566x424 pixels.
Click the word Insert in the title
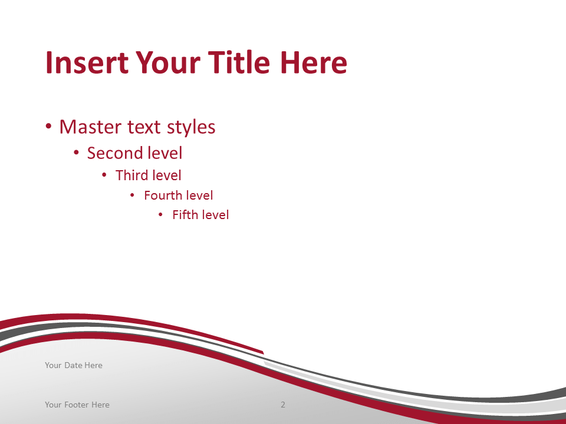click(87, 62)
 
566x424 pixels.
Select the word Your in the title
click(168, 62)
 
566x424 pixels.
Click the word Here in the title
click(314, 62)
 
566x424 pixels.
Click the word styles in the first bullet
click(191, 128)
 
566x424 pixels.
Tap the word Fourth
click(163, 196)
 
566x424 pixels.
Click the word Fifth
click(183, 215)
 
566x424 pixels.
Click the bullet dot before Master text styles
click(49, 127)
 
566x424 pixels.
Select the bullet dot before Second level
click(76, 153)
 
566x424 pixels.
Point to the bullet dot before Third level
click(104, 175)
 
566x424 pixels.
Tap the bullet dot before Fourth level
click(132, 196)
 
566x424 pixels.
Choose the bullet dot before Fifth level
click(160, 215)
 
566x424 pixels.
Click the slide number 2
click(283, 405)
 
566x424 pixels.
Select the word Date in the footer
click(73, 365)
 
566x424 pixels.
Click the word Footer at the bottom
click(77, 405)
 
